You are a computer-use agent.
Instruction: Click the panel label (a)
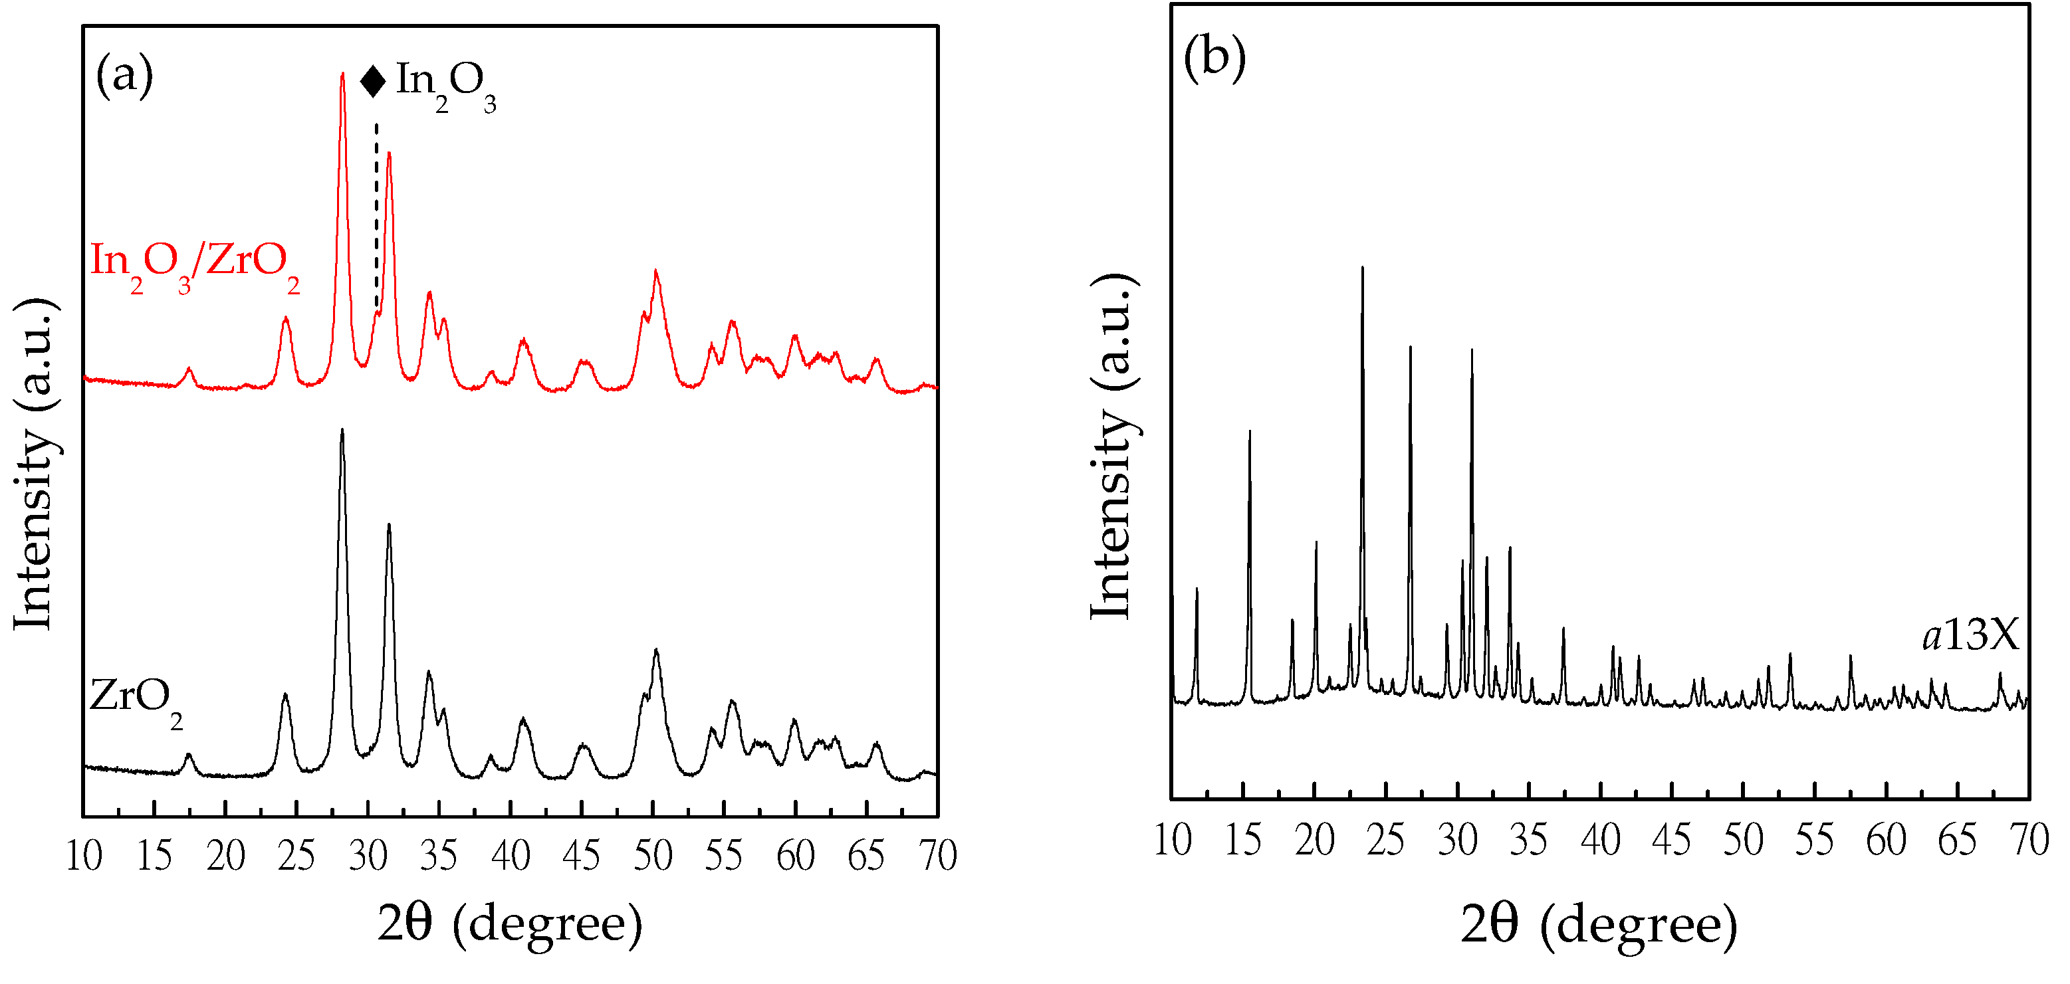pyautogui.click(x=124, y=77)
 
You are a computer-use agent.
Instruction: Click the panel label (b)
pyautogui.click(x=1214, y=57)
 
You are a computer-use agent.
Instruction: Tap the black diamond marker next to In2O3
pyautogui.click(x=373, y=81)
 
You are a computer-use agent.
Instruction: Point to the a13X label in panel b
pyautogui.click(x=1970, y=637)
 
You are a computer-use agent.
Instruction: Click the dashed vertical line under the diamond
pyautogui.click(x=376, y=217)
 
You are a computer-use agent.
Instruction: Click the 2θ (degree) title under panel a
pyautogui.click(x=511, y=924)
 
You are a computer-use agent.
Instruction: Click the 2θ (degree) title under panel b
pyautogui.click(x=1599, y=925)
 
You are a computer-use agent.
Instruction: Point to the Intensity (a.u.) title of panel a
pyautogui.click(x=34, y=464)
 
